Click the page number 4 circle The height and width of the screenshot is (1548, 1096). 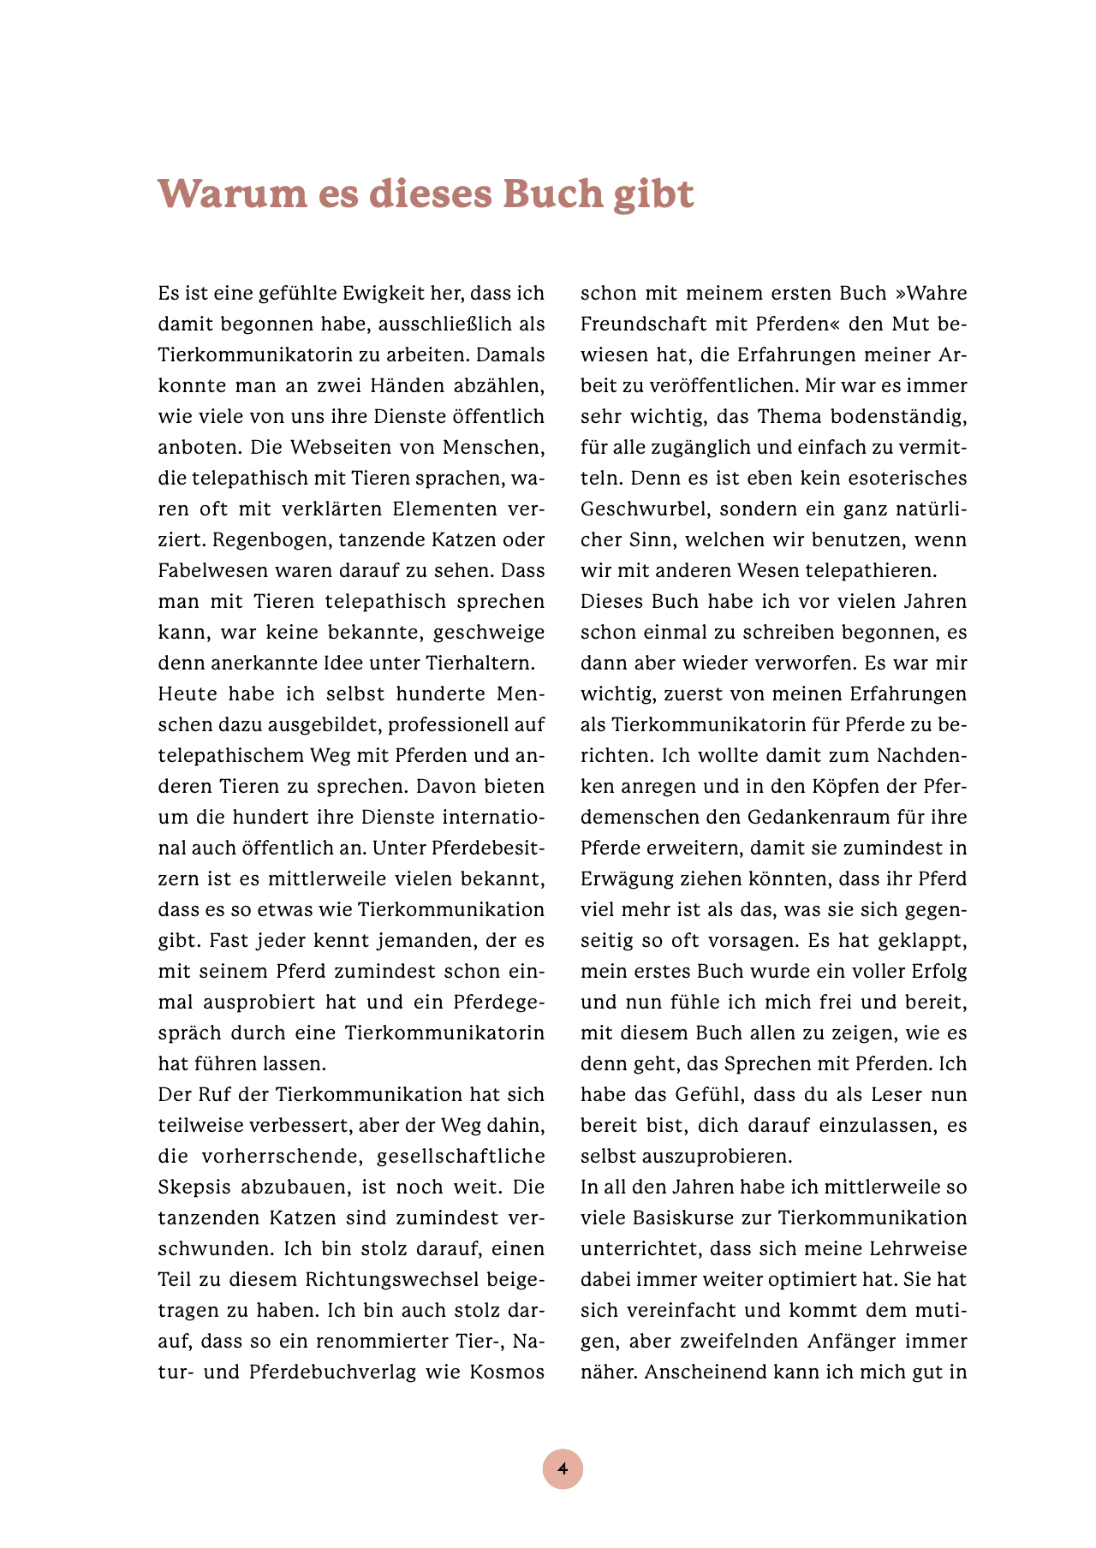coord(563,1468)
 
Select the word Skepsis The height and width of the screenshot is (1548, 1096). coord(194,1188)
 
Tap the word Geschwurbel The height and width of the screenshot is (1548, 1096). coord(644,509)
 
